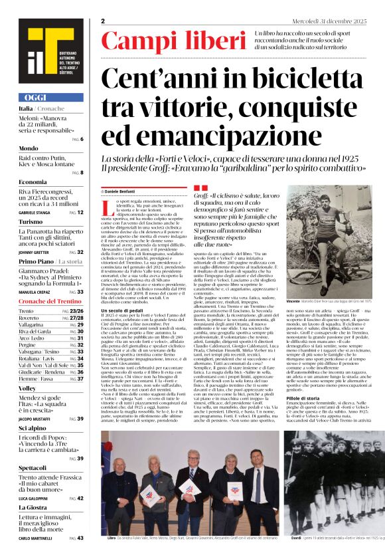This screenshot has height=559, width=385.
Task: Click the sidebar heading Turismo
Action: [x=31, y=222]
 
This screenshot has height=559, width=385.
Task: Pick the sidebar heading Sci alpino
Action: [x=32, y=429]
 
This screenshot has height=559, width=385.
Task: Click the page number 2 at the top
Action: [x=103, y=21]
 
